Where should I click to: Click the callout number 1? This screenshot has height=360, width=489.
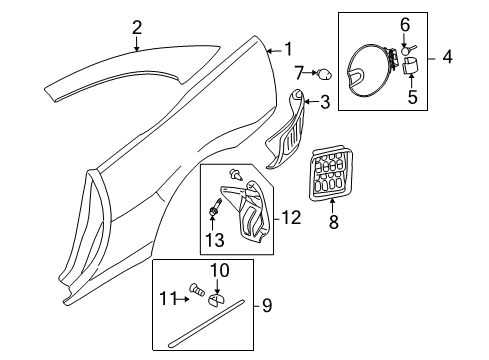tap(289, 48)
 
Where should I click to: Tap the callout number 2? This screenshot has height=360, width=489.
tap(138, 27)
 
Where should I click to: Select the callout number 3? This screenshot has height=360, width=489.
tap(324, 101)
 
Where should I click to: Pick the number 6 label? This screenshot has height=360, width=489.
tap(405, 23)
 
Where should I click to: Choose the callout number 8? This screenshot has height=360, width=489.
tap(333, 223)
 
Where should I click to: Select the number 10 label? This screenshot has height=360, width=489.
tap(219, 269)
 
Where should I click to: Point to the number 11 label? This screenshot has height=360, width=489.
tap(170, 296)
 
